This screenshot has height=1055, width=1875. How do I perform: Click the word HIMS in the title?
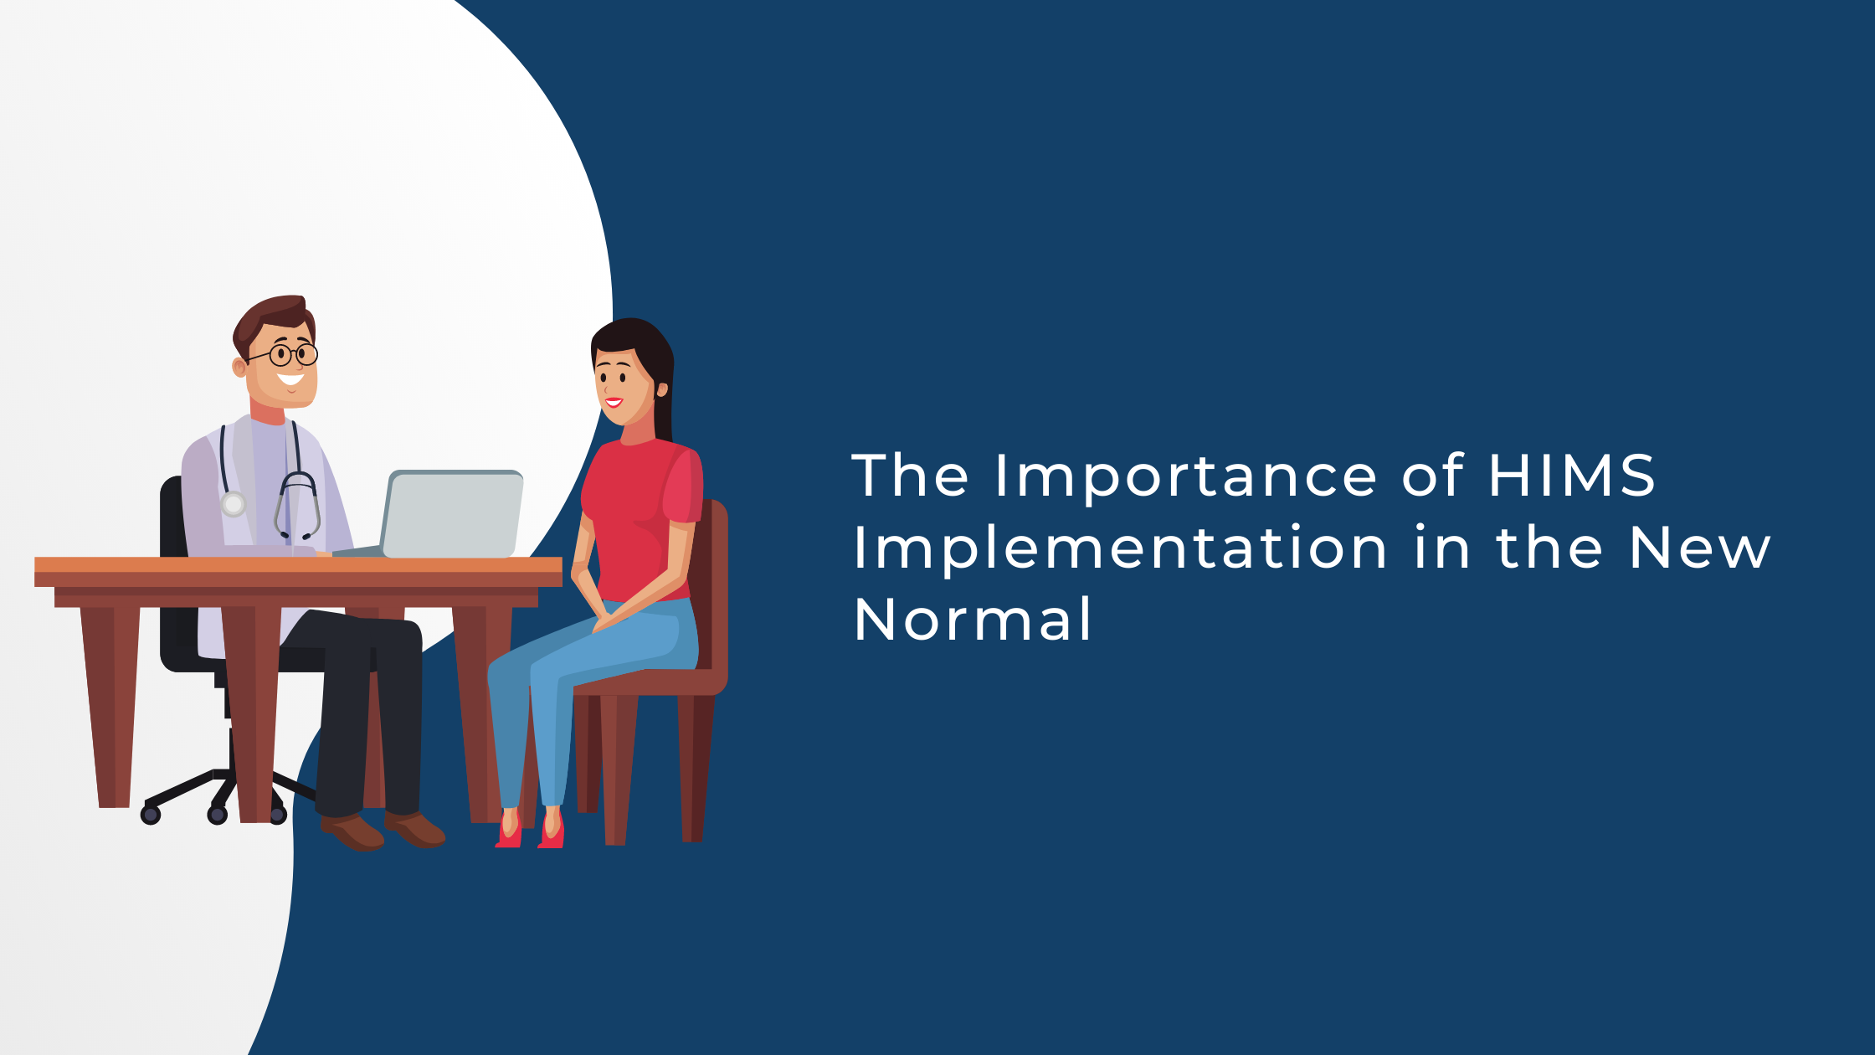tap(1571, 476)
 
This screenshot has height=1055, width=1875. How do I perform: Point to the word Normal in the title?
tap(972, 620)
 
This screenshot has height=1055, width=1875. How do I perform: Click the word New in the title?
tap(1699, 548)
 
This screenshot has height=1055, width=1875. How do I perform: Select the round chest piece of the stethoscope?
tap(234, 504)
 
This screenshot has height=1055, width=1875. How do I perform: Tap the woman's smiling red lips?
tap(614, 403)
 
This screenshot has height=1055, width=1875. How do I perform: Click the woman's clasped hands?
tap(604, 620)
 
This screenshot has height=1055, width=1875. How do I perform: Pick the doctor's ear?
tap(239, 367)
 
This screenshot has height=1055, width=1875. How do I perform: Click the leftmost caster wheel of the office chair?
tap(151, 814)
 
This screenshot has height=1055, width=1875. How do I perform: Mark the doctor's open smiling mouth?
tap(290, 380)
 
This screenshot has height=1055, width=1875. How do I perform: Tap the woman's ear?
tap(662, 389)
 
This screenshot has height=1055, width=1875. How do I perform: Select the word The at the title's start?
tap(910, 476)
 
